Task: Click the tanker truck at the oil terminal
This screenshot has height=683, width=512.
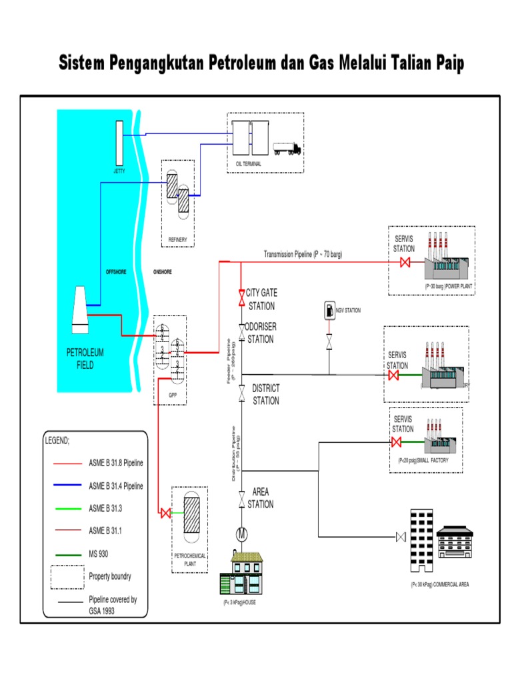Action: coord(286,148)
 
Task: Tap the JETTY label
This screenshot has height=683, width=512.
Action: coord(119,171)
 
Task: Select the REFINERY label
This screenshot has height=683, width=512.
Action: coord(177,239)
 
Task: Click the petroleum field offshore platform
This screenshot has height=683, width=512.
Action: coord(80,309)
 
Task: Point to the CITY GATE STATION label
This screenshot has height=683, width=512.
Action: coord(261,299)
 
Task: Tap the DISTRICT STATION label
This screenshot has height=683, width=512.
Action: coord(265,394)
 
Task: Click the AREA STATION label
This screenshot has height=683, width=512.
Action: coord(260,498)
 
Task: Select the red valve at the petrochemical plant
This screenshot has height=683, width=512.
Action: coord(164,513)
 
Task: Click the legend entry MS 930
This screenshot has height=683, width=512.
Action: coord(101,552)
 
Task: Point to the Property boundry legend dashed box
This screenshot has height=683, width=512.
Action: coord(67,577)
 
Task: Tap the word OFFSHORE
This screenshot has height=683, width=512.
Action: coord(116,272)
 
